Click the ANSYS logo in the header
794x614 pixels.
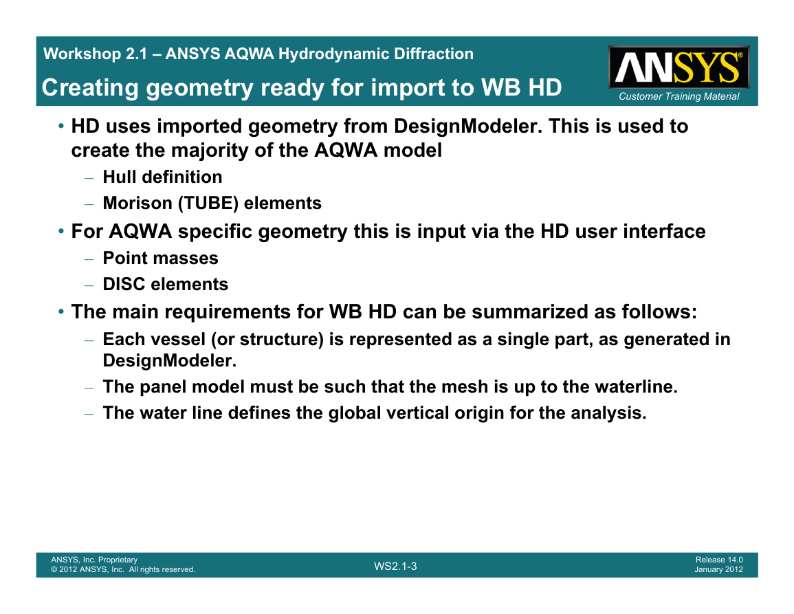(x=679, y=67)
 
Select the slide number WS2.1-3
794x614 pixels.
(x=395, y=567)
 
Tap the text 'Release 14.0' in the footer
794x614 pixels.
(x=719, y=560)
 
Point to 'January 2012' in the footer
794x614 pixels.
(x=718, y=569)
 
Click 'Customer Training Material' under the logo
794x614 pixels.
(x=679, y=96)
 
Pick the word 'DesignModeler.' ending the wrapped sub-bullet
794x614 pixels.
(x=170, y=361)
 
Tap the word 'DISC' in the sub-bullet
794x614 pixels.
(x=124, y=284)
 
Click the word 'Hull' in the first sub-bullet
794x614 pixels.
(x=120, y=177)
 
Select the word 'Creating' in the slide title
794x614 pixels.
(x=90, y=87)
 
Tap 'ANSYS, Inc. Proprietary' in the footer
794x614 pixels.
(x=94, y=560)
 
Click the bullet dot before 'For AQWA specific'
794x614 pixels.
(x=60, y=232)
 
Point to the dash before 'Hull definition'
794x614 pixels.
(x=89, y=178)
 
